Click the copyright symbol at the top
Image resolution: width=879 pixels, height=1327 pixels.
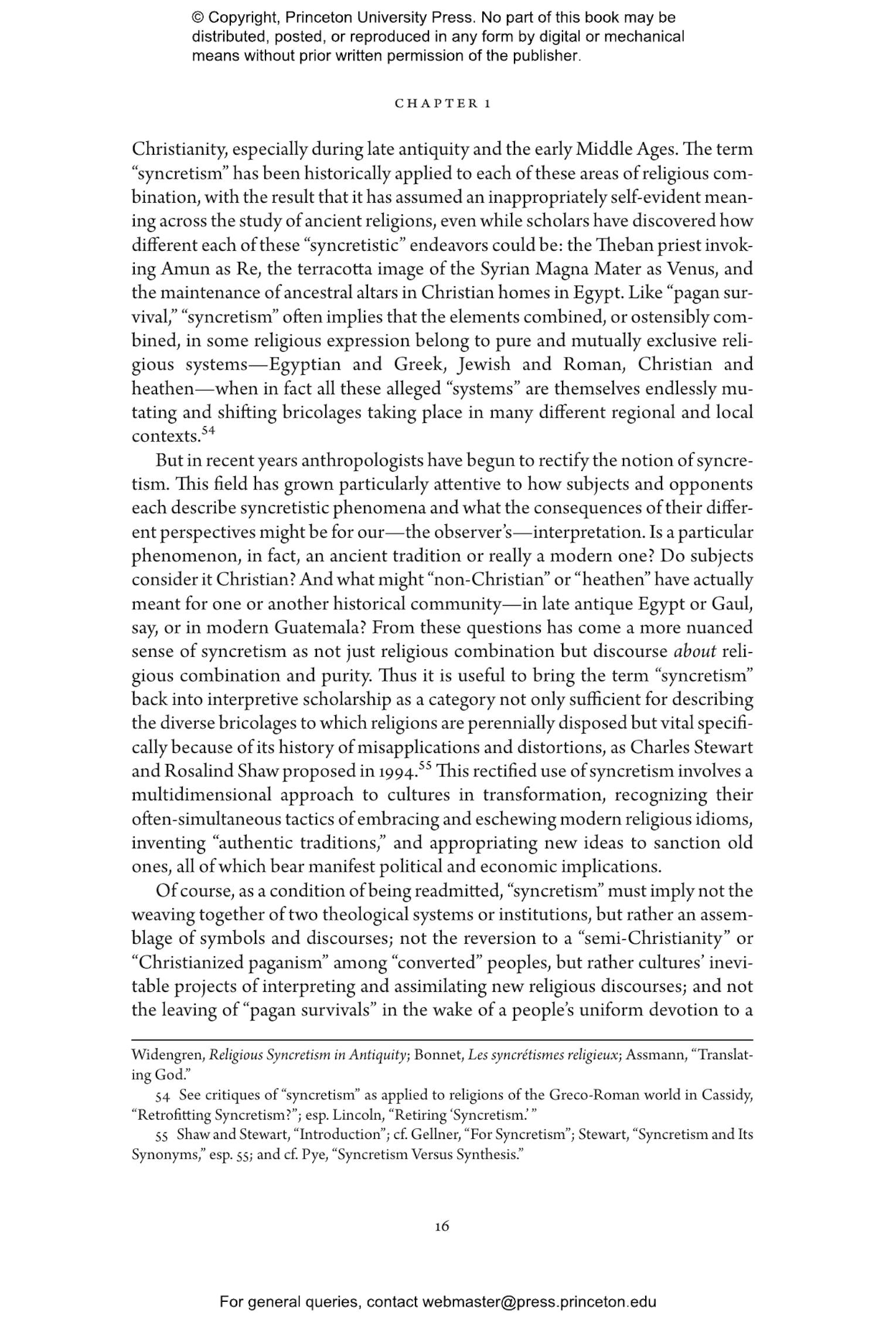click(x=197, y=18)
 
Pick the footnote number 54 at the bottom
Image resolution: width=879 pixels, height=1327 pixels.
click(x=163, y=1095)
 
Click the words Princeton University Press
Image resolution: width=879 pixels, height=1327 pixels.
click(x=372, y=18)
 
